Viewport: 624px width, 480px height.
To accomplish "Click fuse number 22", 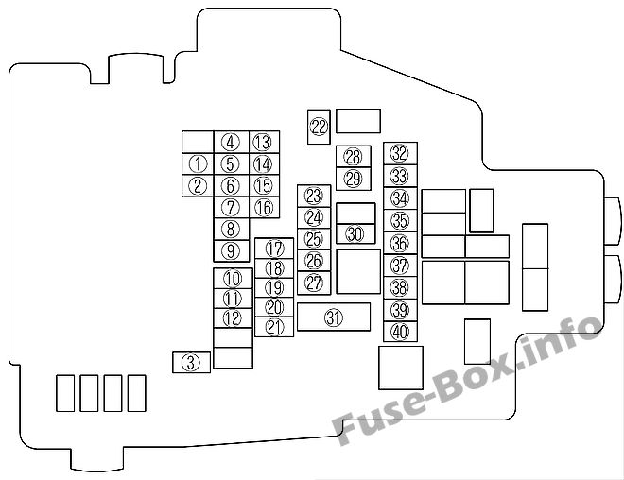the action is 319,127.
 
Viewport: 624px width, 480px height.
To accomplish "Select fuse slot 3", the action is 191,362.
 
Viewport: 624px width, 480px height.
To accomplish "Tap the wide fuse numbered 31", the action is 334,317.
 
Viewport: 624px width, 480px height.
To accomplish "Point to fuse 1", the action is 198,163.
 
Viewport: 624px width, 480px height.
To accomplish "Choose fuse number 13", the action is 264,142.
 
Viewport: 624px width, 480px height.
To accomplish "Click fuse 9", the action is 232,251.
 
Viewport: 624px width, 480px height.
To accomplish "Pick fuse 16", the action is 264,207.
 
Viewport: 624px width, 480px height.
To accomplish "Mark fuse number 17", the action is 274,249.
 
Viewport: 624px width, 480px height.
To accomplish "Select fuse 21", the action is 274,327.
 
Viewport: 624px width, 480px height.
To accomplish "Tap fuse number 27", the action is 314,283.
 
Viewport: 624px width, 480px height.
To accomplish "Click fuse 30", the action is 355,233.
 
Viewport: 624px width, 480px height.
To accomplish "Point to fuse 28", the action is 354,157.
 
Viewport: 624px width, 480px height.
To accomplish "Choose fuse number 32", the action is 400,153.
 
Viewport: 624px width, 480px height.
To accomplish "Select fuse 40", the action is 400,332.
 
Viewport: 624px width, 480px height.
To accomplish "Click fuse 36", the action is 400,244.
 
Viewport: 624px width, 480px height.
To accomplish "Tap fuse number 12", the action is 233,318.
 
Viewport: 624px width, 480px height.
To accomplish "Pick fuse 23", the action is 314,196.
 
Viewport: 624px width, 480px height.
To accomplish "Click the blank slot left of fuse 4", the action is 198,142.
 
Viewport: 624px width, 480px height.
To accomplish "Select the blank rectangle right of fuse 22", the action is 358,121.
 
